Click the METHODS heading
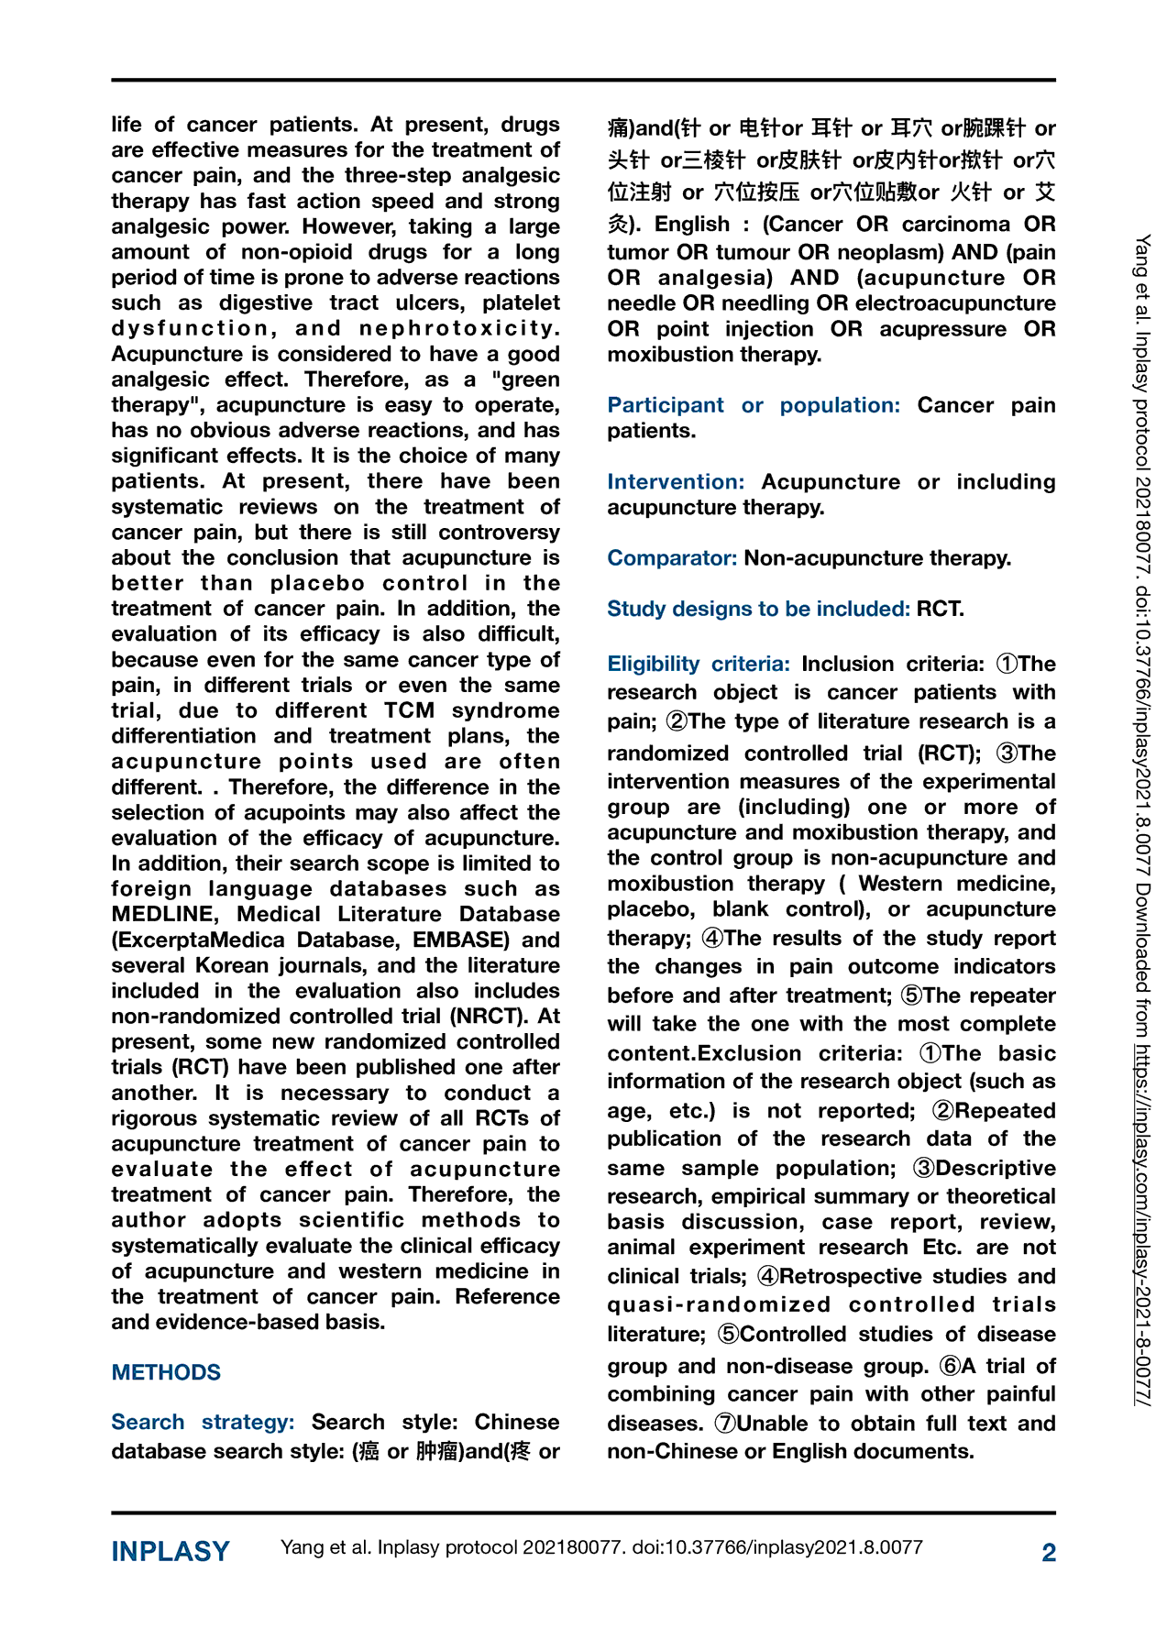pos(166,1372)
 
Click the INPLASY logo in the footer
pos(171,1551)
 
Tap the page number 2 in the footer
pos(1049,1552)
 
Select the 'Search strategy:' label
pos(203,1422)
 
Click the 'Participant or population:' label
pos(754,405)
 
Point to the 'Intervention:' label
pos(676,482)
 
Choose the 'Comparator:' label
pos(672,558)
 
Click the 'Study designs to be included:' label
pos(758,609)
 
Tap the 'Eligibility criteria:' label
pos(699,664)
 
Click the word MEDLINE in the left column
pos(166,914)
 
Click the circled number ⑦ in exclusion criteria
pos(725,1424)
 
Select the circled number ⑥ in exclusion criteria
pos(950,1366)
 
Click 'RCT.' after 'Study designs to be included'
pos(940,609)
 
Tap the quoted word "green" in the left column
pos(519,379)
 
